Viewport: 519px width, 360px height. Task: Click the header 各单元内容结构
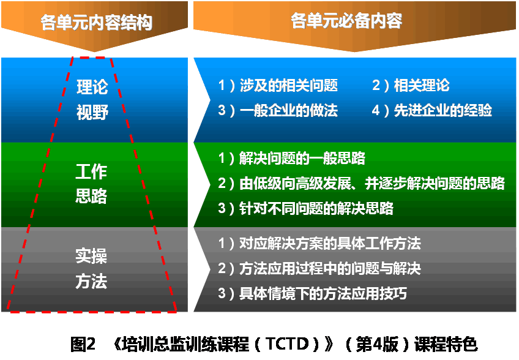[x=96, y=23]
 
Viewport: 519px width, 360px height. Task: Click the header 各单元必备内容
[x=346, y=21]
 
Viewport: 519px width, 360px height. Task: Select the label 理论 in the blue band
[x=92, y=87]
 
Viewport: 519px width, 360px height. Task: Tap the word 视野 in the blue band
[x=92, y=112]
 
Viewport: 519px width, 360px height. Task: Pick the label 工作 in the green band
[x=91, y=171]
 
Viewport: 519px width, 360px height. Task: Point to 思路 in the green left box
[x=91, y=196]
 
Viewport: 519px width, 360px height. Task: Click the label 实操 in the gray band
[x=91, y=256]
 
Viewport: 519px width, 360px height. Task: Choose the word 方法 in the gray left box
[x=91, y=281]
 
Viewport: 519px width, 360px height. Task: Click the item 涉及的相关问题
[x=288, y=86]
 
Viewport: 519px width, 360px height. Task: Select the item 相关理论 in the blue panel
[x=421, y=85]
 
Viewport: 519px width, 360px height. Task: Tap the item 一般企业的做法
[x=288, y=110]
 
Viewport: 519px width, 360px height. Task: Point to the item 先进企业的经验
[x=442, y=110]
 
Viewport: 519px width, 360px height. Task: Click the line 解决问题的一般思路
[x=302, y=158]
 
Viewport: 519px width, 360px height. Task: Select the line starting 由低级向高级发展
[x=372, y=183]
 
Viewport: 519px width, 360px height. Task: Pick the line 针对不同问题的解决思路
[x=316, y=208]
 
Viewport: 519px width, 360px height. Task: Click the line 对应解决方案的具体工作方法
[x=330, y=244]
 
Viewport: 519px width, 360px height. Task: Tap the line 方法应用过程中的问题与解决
[x=330, y=268]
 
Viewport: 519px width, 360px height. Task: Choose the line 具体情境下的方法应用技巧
[x=323, y=293]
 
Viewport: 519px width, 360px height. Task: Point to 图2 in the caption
[x=83, y=345]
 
